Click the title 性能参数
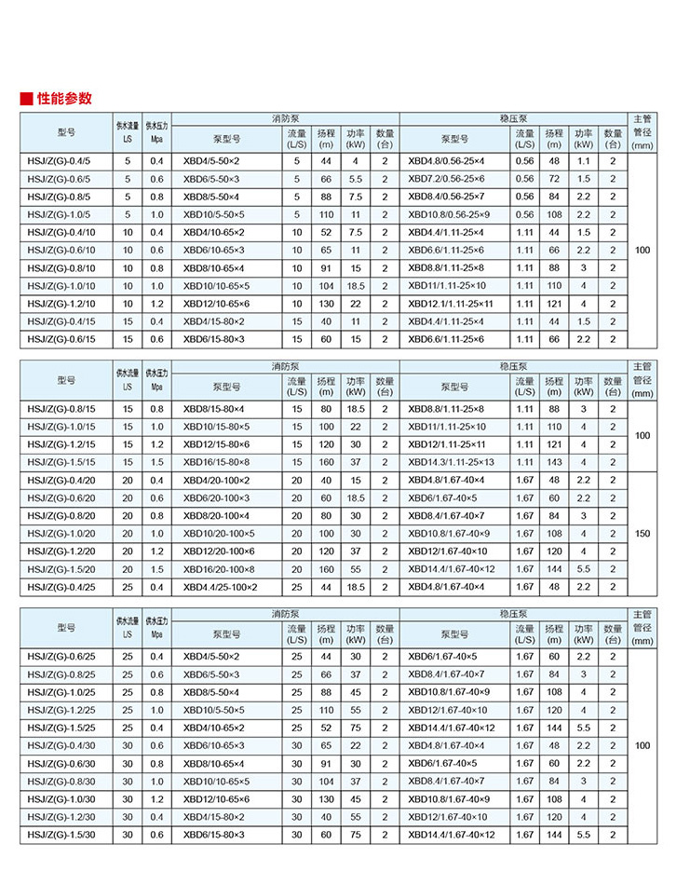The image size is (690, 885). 64,98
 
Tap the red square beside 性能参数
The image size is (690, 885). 27,99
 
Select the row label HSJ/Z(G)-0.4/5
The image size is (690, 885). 61,161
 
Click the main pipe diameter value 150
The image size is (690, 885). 643,534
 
